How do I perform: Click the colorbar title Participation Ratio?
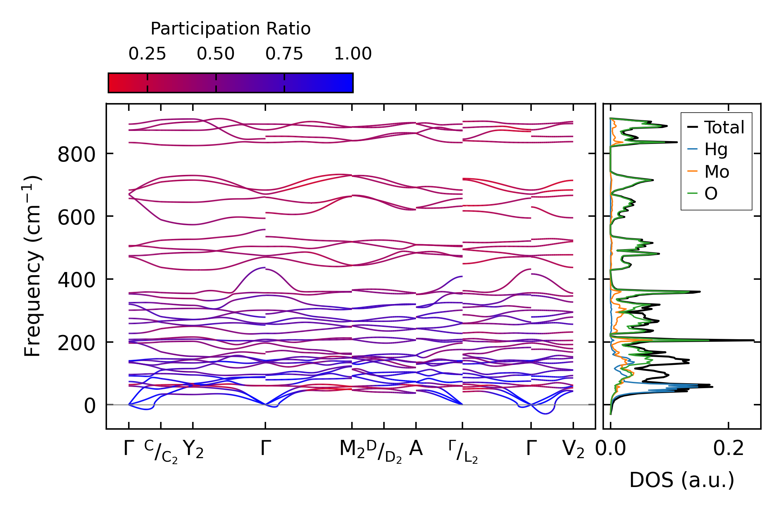click(231, 29)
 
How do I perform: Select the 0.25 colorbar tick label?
click(147, 54)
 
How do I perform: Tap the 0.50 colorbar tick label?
click(215, 54)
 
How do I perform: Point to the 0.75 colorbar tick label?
click(284, 54)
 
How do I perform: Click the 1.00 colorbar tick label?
click(353, 54)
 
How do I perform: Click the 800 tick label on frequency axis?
click(76, 154)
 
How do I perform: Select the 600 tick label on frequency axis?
click(76, 217)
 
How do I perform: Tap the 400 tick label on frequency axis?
click(76, 280)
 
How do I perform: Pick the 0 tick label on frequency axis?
click(90, 406)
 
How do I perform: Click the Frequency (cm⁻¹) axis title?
click(32, 266)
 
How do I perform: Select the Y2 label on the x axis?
click(193, 449)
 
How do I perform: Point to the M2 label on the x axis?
click(352, 449)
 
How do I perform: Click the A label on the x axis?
click(416, 449)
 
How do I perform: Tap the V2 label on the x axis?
click(573, 449)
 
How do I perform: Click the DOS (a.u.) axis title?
click(682, 480)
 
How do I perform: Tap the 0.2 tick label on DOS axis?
click(728, 449)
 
